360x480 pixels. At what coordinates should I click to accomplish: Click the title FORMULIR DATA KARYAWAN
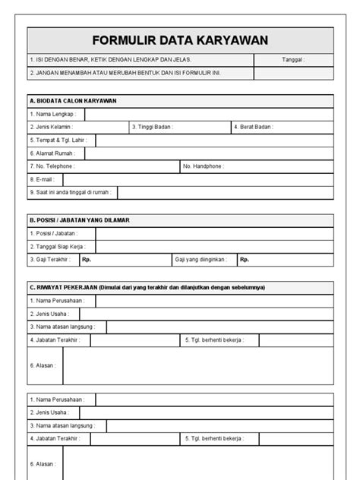click(180, 40)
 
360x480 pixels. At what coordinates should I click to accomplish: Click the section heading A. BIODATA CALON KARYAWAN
click(73, 100)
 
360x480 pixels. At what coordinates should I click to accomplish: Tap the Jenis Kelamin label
click(52, 127)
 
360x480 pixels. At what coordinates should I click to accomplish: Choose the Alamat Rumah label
click(52, 153)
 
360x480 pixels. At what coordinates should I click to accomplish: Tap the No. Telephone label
click(52, 166)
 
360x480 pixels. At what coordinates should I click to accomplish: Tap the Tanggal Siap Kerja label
click(58, 247)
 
